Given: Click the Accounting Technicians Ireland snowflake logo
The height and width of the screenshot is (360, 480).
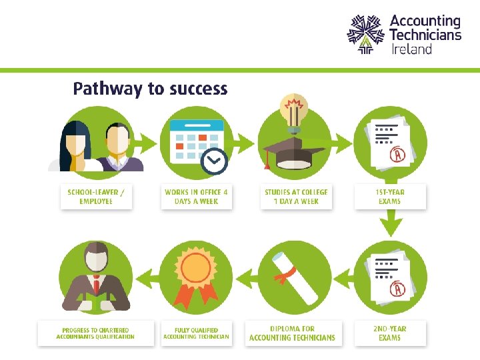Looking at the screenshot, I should pyautogui.click(x=365, y=34).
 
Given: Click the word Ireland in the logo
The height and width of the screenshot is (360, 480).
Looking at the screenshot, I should pyautogui.click(x=411, y=49).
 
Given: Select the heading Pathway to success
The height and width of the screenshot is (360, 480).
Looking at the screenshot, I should pyautogui.click(x=150, y=89).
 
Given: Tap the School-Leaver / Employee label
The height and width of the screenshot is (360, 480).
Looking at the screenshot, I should pyautogui.click(x=96, y=196).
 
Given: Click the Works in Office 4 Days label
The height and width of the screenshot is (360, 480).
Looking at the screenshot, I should pyautogui.click(x=196, y=196).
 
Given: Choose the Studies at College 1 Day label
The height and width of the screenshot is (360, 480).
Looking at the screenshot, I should pyautogui.click(x=296, y=196).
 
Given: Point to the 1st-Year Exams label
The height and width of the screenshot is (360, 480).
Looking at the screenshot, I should pyautogui.click(x=390, y=196).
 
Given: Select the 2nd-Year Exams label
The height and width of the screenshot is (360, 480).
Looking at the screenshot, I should pyautogui.click(x=390, y=333).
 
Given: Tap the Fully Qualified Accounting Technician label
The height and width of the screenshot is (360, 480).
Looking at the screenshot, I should pyautogui.click(x=196, y=333).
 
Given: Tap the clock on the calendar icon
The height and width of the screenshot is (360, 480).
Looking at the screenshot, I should pyautogui.click(x=215, y=161).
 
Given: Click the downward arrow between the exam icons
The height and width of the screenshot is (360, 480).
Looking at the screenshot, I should pyautogui.click(x=391, y=223).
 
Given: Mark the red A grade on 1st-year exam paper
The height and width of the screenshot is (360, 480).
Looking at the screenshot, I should pyautogui.click(x=399, y=155).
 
